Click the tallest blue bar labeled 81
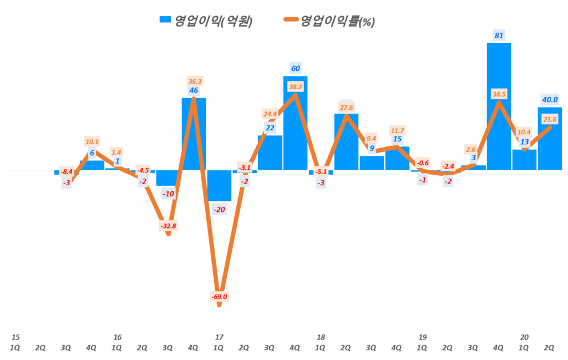499,105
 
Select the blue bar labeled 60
295,122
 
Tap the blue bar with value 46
194,133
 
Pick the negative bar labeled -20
219,185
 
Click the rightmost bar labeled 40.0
550,138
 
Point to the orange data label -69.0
219,297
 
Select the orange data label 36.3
194,81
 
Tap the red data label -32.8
168,226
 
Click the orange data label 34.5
499,95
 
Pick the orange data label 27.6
346,107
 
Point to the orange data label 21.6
550,119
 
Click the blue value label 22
270,128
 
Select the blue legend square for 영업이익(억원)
165,19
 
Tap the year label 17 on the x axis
219,337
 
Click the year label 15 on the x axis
16,337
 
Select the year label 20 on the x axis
524,337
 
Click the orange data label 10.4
524,132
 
